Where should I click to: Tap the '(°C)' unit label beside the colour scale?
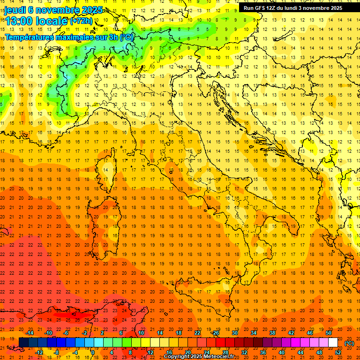point(349,343)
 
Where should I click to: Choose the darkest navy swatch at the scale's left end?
point(23,342)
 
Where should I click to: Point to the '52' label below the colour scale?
point(338,352)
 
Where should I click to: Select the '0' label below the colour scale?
point(92,352)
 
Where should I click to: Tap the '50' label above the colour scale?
point(329,333)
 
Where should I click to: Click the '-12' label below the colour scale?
point(39,352)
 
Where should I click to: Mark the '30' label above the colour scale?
point(235,333)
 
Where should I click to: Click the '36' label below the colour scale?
point(263,352)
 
